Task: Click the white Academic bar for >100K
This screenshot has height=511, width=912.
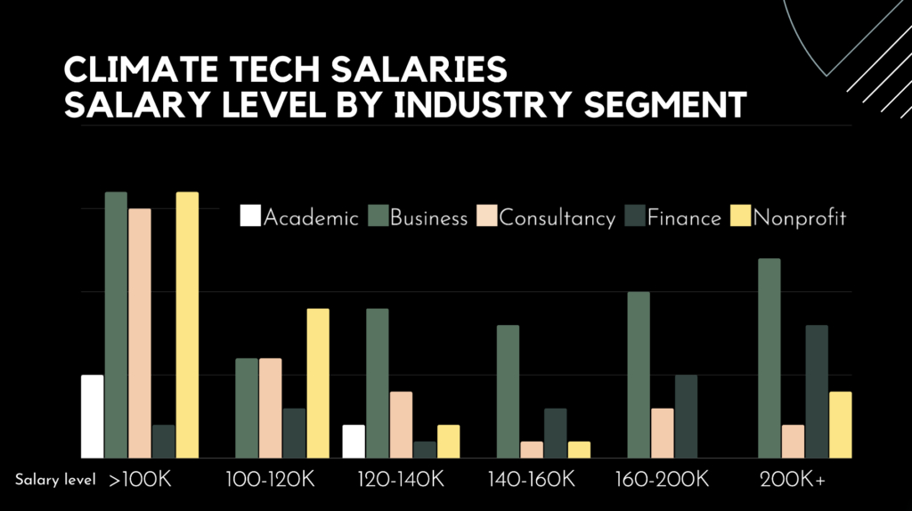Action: coord(93,416)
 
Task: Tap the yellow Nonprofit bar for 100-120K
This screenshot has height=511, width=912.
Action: coord(318,383)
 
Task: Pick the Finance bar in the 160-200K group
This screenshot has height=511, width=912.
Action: coord(686,416)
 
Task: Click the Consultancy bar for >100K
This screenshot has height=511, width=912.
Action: coord(140,333)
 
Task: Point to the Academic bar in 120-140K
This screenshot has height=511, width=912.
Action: coord(354,441)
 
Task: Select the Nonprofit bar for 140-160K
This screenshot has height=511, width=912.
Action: coord(579,450)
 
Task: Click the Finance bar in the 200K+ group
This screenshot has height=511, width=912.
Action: coord(817,391)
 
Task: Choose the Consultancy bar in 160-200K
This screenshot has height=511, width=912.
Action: coord(663,433)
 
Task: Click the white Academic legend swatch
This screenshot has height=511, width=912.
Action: coord(250,216)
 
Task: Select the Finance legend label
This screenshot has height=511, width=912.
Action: coord(684,218)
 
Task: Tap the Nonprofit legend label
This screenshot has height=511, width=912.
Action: coord(799,218)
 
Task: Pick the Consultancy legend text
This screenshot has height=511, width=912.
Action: coord(558,218)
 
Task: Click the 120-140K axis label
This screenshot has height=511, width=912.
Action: coord(400,480)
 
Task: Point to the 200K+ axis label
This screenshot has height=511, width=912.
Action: coord(792,480)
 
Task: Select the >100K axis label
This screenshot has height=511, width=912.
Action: coord(139,480)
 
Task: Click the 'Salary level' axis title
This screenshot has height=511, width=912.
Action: coord(54,481)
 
